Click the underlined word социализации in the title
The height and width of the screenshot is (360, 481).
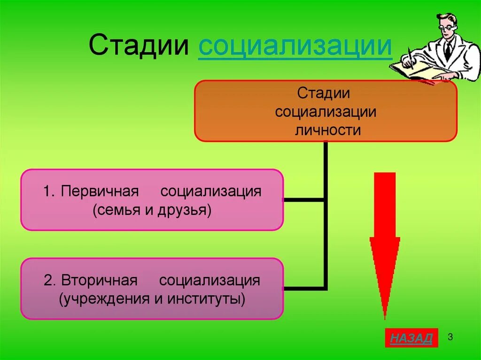pos(295,46)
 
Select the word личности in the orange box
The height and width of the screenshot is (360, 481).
pos(327,130)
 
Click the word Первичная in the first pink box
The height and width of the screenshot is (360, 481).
pos(99,192)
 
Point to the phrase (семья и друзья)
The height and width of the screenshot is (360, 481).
pos(152,210)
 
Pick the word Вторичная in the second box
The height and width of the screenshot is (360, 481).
pos(99,281)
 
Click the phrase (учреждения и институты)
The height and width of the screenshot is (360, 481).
pos(152,299)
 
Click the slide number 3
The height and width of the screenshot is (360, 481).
pos(450,337)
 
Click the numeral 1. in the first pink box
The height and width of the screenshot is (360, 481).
pos(49,192)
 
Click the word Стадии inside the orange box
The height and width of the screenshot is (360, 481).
pos(323,92)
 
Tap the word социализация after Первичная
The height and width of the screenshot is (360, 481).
pos(211,192)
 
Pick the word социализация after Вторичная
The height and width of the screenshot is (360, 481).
pos(209,281)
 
